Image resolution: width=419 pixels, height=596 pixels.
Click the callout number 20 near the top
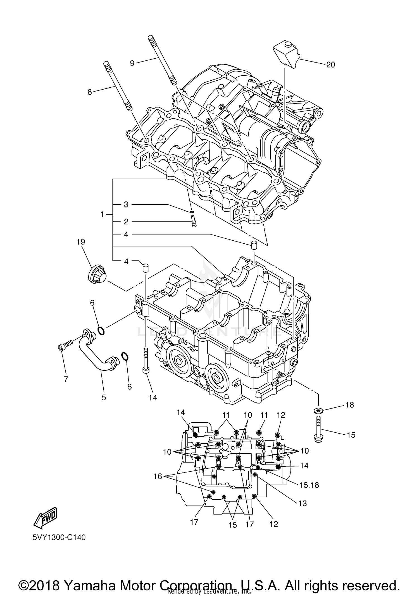point(330,65)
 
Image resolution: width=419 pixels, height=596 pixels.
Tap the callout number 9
point(132,63)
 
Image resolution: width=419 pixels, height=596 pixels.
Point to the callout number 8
point(90,92)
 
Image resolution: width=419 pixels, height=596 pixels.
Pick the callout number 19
point(81,242)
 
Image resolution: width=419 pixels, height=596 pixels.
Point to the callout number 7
point(66,379)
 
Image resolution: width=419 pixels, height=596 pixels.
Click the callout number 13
point(303,503)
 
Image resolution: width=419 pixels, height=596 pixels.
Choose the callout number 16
point(158,476)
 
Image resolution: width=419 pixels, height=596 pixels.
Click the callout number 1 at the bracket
point(103,214)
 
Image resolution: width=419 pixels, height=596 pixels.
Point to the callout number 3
point(126,205)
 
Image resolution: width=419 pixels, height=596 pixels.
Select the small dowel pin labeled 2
point(194,222)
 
